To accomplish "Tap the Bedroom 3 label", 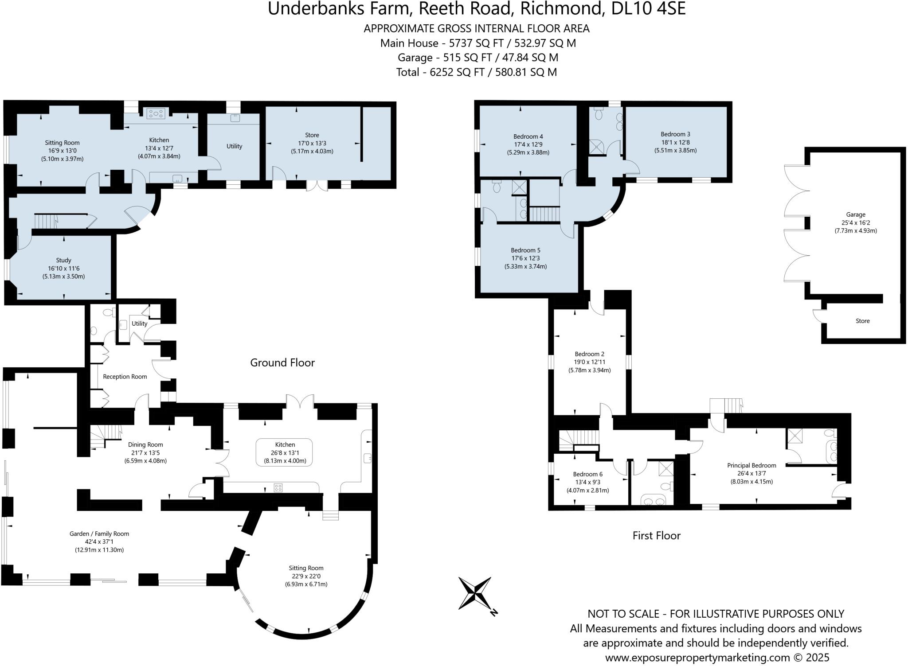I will click(x=675, y=134).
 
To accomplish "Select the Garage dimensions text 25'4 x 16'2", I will click(x=855, y=223).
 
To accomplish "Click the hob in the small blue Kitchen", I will click(x=156, y=113).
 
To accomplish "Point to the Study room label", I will click(x=64, y=260).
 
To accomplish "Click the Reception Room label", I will click(x=125, y=377).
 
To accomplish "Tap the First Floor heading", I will click(x=656, y=535).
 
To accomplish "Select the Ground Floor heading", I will click(x=282, y=362).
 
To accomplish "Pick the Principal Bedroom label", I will click(x=751, y=465).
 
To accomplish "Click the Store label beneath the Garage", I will click(x=862, y=321).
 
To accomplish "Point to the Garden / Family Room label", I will click(x=99, y=534).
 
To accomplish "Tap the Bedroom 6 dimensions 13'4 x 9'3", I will click(x=587, y=482).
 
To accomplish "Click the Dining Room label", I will click(x=145, y=444).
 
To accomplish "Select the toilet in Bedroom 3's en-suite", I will click(x=599, y=114).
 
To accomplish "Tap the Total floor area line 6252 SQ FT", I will click(x=476, y=72).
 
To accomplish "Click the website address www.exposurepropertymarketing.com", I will click(x=697, y=657).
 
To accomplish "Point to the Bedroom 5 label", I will click(x=525, y=250).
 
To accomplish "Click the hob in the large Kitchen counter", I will click(x=278, y=487).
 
